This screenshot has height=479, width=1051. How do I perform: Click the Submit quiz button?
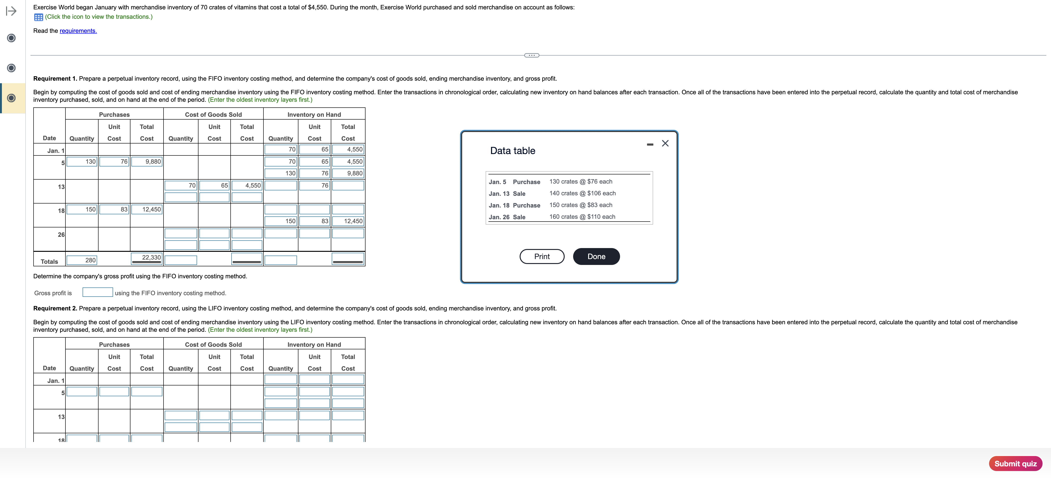[1015, 464]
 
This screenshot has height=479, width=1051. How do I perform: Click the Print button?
[542, 256]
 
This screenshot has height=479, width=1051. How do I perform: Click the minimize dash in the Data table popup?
[650, 144]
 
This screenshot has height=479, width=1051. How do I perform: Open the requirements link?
[78, 31]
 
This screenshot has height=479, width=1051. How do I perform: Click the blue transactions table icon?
[39, 17]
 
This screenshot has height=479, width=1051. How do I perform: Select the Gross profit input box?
[98, 292]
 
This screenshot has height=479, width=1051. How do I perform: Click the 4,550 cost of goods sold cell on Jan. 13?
[247, 185]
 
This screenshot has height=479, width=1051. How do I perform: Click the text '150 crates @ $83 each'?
[581, 205]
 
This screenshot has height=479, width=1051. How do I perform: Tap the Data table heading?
[512, 151]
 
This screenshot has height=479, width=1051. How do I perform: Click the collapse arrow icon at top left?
[11, 11]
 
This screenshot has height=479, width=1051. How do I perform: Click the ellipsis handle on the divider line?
[531, 55]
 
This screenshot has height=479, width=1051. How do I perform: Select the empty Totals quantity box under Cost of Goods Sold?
[181, 260]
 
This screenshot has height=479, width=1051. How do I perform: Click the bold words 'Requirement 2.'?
[55, 309]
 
